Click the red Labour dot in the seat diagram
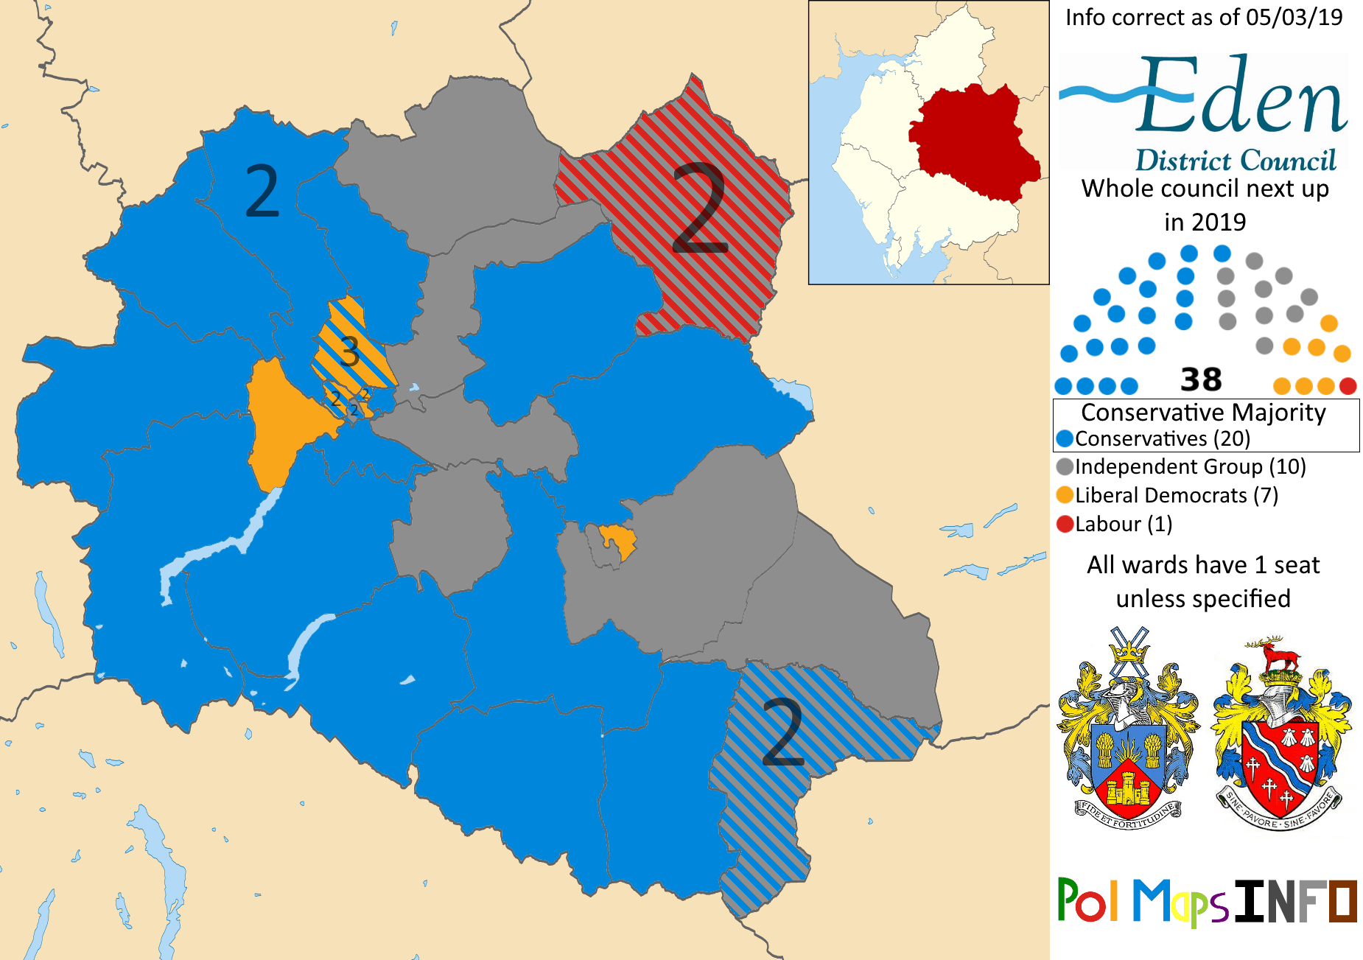pos(1348,385)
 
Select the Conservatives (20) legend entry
pos(1162,439)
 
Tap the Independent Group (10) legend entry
pos(1189,467)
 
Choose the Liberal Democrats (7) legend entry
pos(1175,496)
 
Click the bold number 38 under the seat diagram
pos(1201,380)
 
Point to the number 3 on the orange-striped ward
pos(350,351)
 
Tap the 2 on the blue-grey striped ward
pos(782,732)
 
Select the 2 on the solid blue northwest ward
pos(262,192)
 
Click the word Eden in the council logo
pos(1241,96)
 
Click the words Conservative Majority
pos(1203,413)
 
